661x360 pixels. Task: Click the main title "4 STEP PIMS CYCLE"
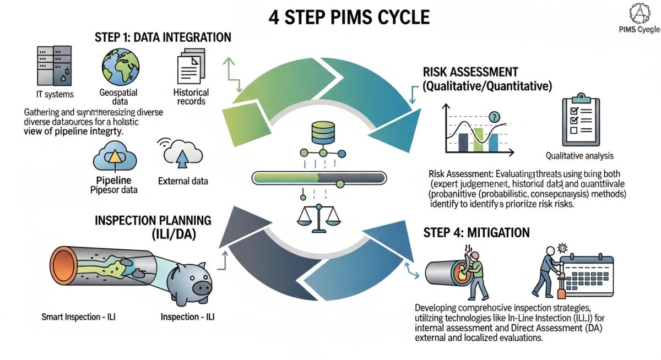pyautogui.click(x=349, y=17)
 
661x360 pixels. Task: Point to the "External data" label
pyautogui.click(x=183, y=181)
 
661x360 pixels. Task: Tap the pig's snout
pyautogui.click(x=202, y=287)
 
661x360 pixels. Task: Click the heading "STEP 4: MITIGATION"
pyautogui.click(x=476, y=233)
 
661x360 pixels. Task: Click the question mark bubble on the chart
pyautogui.click(x=494, y=117)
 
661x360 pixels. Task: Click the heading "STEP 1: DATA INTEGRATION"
pyautogui.click(x=163, y=37)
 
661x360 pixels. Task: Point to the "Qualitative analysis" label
pyautogui.click(x=579, y=156)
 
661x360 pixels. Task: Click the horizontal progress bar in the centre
pyautogui.click(x=319, y=178)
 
